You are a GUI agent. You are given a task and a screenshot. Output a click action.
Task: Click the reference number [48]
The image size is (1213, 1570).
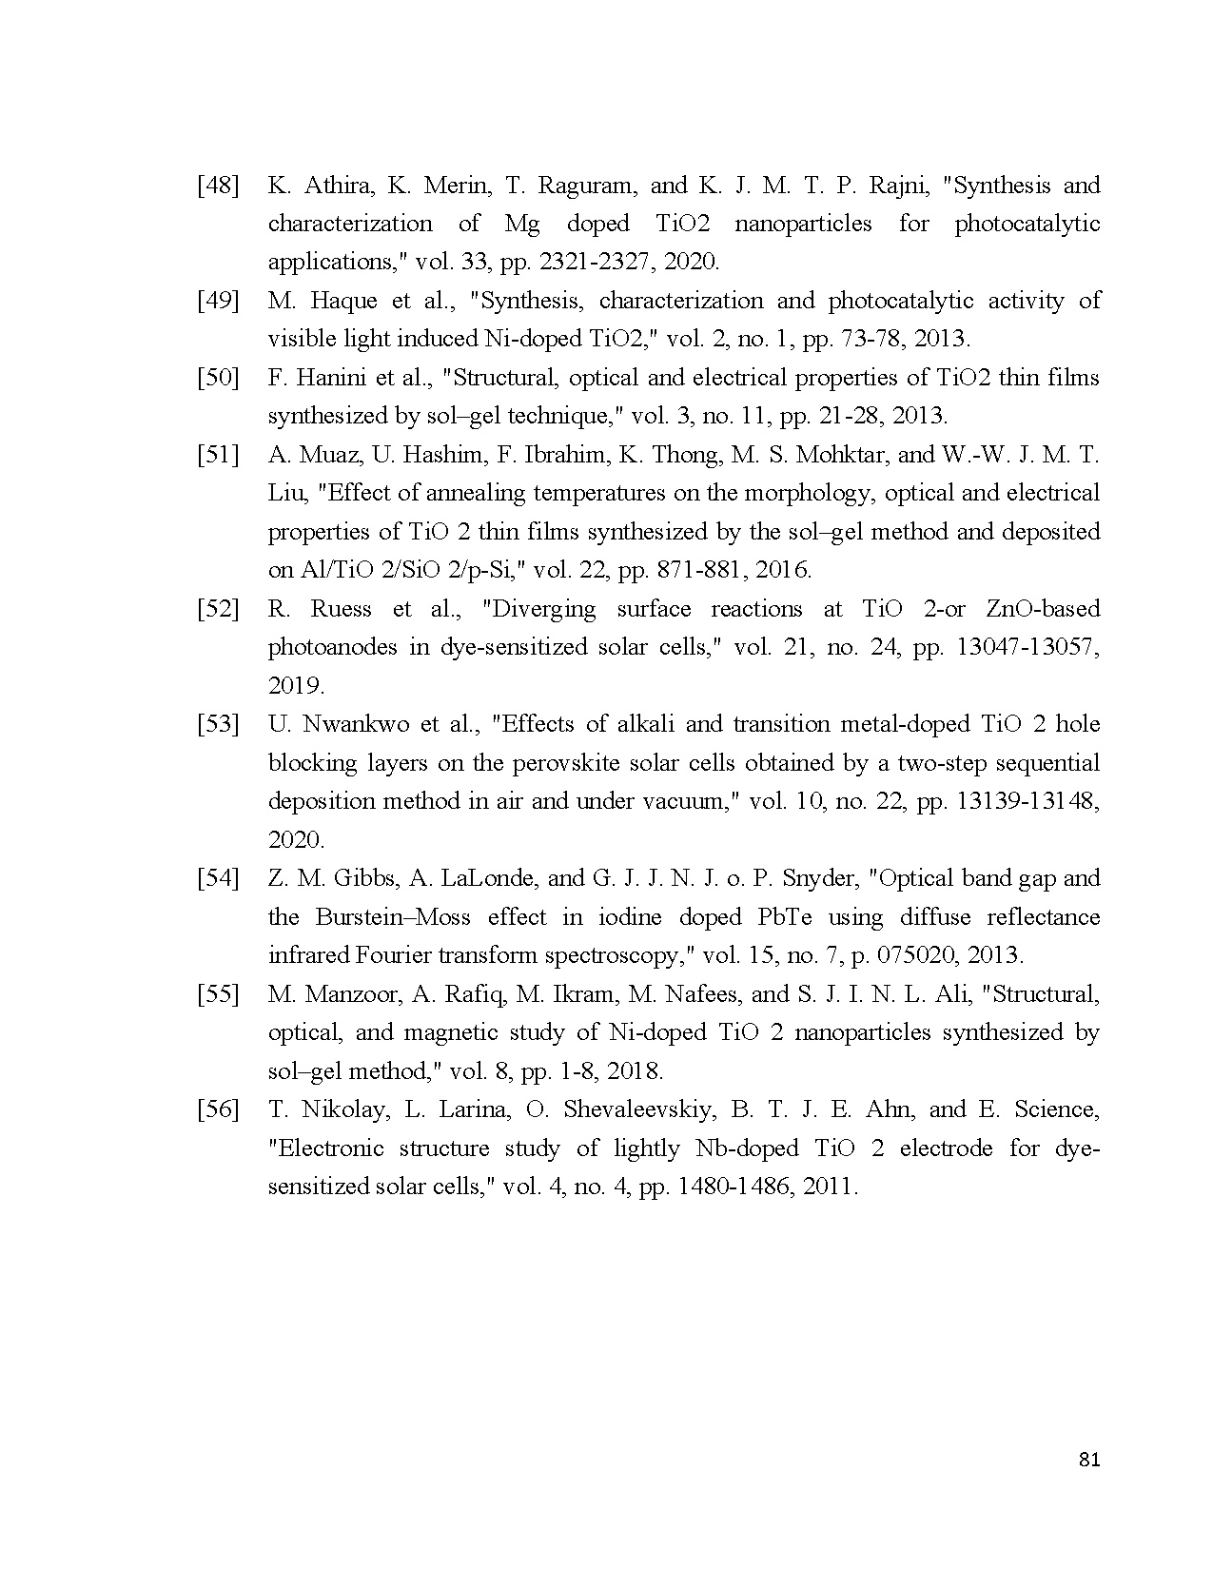(217, 186)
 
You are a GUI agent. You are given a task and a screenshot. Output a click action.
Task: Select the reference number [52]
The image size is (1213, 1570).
(217, 609)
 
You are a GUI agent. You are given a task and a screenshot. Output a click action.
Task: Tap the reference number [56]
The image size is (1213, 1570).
(217, 1109)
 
